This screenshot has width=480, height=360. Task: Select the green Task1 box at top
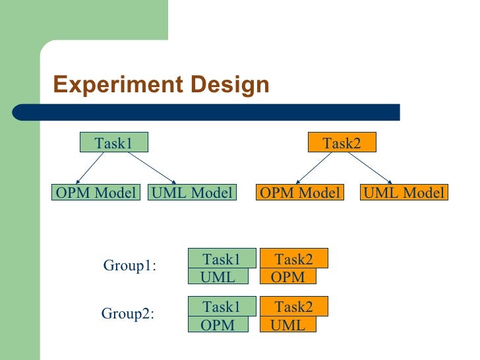pyautogui.click(x=113, y=142)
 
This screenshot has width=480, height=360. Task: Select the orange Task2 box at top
pyautogui.click(x=342, y=142)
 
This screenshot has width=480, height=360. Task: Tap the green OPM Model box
pyautogui.click(x=96, y=193)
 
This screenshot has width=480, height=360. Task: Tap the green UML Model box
pyautogui.click(x=192, y=193)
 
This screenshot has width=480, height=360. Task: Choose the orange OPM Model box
pyautogui.click(x=300, y=193)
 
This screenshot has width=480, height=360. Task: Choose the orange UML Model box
pyautogui.click(x=404, y=193)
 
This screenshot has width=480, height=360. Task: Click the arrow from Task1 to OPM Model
pyautogui.click(x=92, y=167)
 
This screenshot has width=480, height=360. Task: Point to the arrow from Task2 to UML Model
pyautogui.click(x=369, y=167)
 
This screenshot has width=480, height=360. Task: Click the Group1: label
pyautogui.click(x=129, y=266)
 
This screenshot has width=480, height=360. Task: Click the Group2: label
pyautogui.click(x=127, y=313)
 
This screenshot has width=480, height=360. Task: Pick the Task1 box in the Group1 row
pyautogui.click(x=222, y=258)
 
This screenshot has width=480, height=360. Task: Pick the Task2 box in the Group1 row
pyautogui.click(x=294, y=258)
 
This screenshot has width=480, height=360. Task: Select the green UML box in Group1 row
pyautogui.click(x=218, y=277)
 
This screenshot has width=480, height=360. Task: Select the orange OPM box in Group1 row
pyautogui.click(x=289, y=277)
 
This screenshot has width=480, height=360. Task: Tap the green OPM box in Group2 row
pyautogui.click(x=218, y=325)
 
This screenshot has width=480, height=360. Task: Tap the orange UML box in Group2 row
pyautogui.click(x=289, y=325)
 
